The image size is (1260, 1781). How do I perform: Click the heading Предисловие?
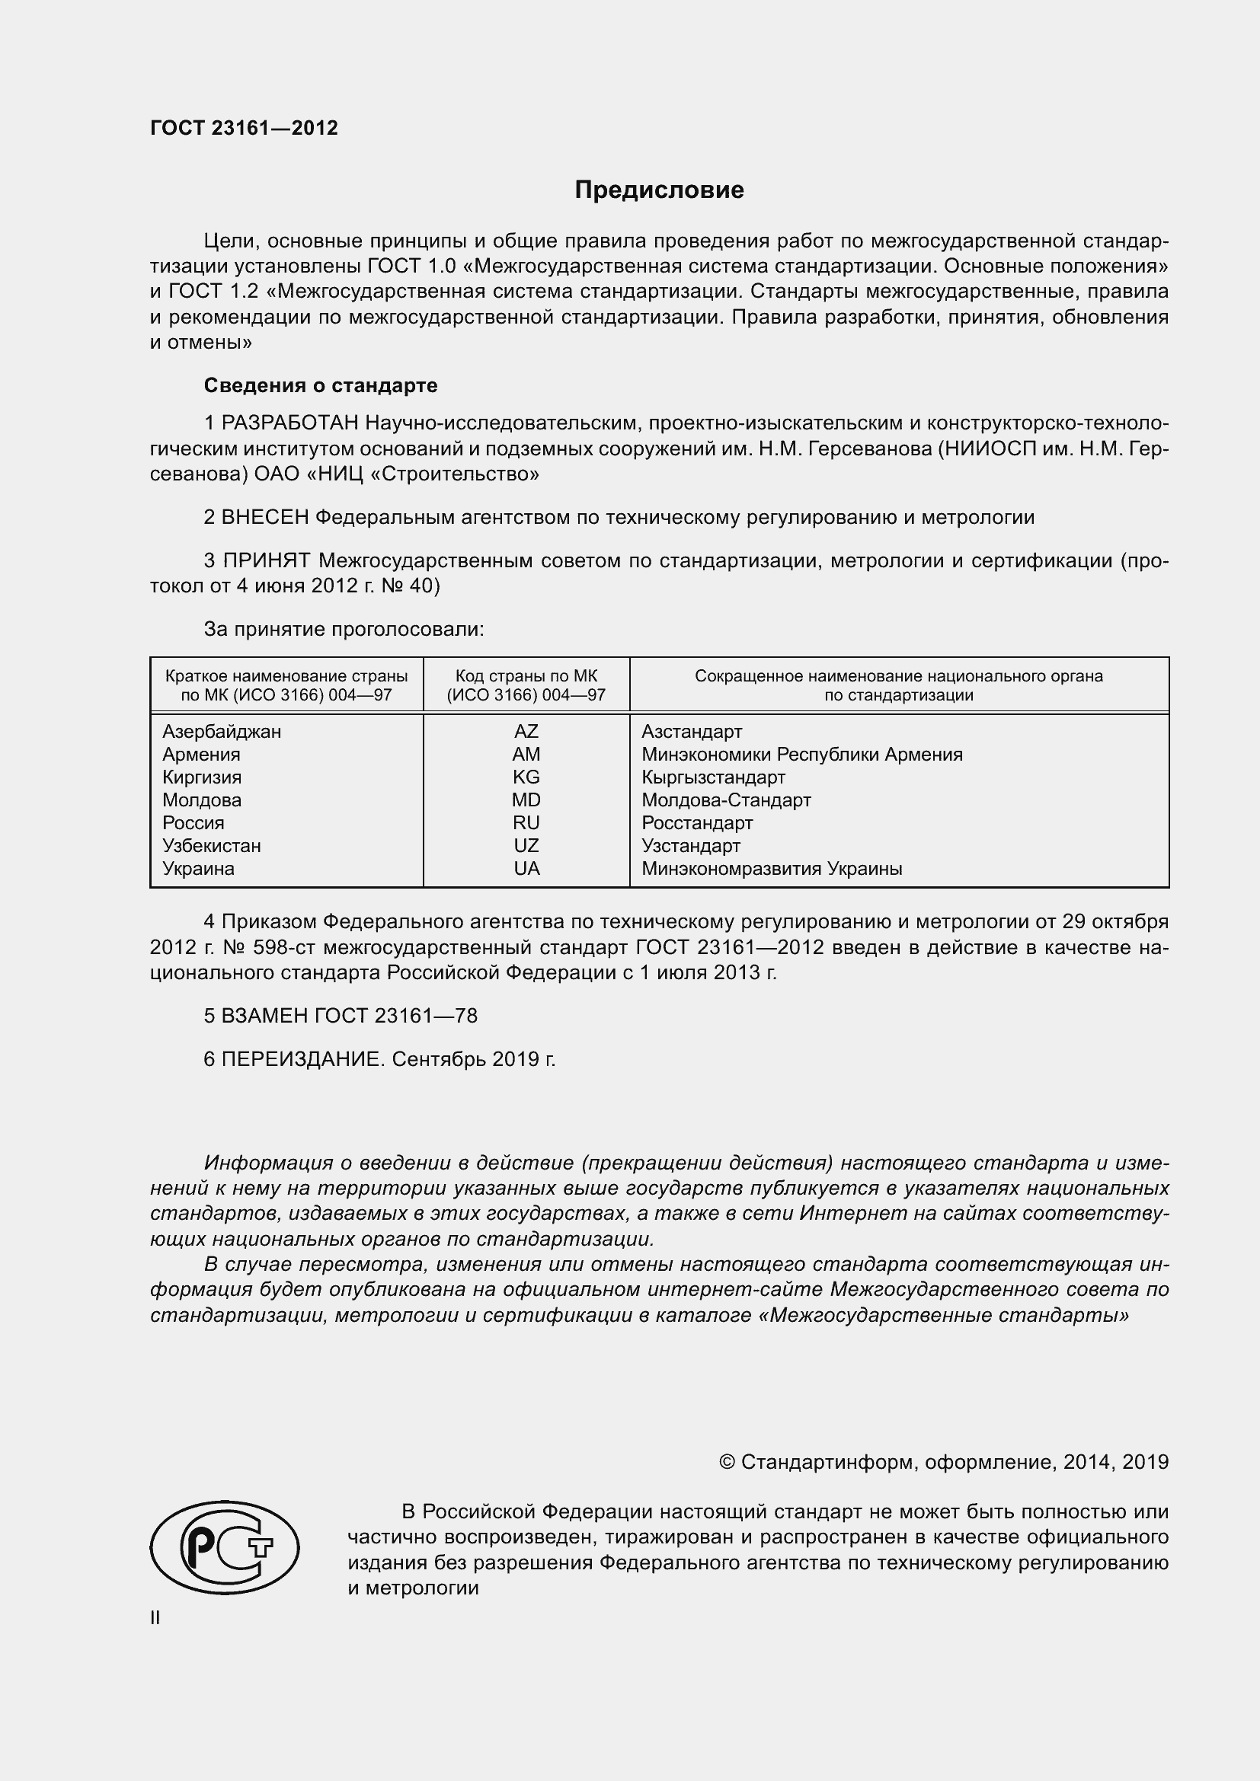coord(659,190)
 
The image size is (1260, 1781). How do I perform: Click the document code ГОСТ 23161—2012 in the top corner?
coord(244,128)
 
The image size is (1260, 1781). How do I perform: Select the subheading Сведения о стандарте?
coord(321,385)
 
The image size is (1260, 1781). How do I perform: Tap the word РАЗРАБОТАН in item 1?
coord(290,423)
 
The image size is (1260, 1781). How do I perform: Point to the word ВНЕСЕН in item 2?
coord(265,516)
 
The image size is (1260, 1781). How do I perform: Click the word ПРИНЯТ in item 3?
coord(267,560)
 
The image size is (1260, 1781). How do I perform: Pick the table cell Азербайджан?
coord(222,731)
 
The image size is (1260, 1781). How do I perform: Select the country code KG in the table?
coord(526,777)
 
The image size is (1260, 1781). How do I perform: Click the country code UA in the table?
coord(526,868)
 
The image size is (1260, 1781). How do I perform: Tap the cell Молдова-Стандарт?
coord(726,800)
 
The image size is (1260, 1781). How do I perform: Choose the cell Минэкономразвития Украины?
coord(771,868)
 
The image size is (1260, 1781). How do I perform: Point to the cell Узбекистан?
coord(211,845)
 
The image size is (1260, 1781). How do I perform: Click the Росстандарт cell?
coord(697,822)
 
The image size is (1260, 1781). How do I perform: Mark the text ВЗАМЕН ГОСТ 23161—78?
coord(349,1016)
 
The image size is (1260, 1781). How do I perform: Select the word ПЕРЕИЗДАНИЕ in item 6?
coord(302,1059)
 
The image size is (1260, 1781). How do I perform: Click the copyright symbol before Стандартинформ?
coord(727,1462)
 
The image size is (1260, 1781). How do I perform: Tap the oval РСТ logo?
coord(225,1546)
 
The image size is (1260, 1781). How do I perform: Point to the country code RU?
coord(526,822)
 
